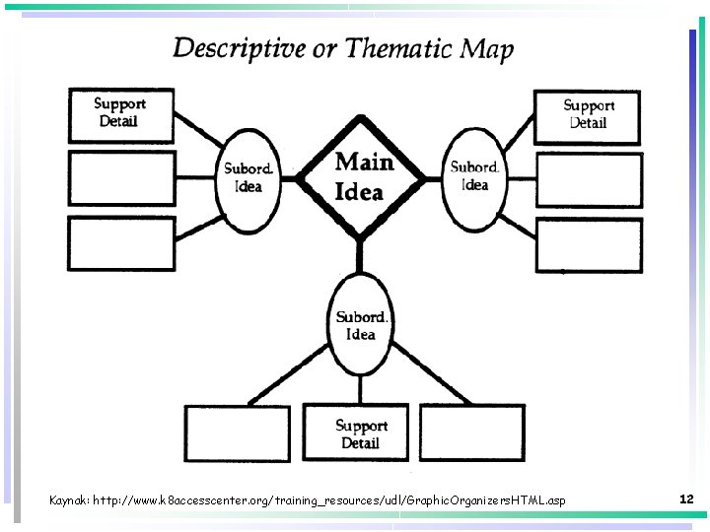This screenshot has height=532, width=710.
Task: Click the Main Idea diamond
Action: (362, 177)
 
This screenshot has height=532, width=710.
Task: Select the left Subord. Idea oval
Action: (248, 177)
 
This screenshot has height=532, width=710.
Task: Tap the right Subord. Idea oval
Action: (474, 177)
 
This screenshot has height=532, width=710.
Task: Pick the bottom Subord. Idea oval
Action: (361, 325)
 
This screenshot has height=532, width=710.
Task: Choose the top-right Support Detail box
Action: (588, 115)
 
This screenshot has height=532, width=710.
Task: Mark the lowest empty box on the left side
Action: (120, 242)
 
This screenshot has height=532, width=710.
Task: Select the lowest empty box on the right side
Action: (588, 242)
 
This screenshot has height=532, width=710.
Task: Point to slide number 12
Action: (687, 499)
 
